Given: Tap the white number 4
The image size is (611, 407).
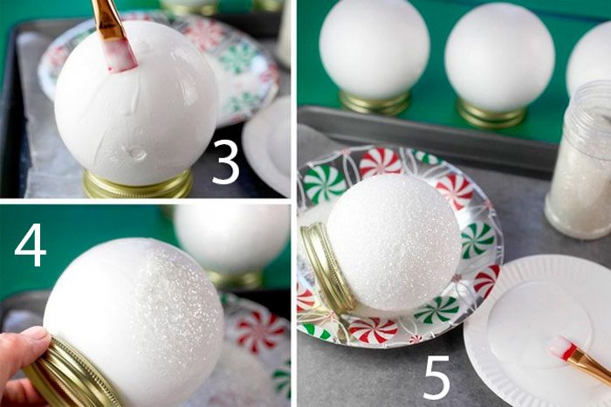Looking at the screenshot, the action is [31, 245].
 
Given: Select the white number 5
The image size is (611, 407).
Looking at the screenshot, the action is [437, 379].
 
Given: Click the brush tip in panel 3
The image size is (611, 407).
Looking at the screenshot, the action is [122, 59].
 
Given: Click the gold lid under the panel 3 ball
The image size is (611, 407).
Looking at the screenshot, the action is [138, 184].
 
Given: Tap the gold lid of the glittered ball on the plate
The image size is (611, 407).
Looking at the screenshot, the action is [326, 269].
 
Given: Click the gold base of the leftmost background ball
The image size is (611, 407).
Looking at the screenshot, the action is [374, 102].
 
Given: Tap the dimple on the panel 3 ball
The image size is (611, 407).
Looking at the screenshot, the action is [137, 153].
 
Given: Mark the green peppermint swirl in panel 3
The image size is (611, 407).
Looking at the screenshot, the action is [237, 59].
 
